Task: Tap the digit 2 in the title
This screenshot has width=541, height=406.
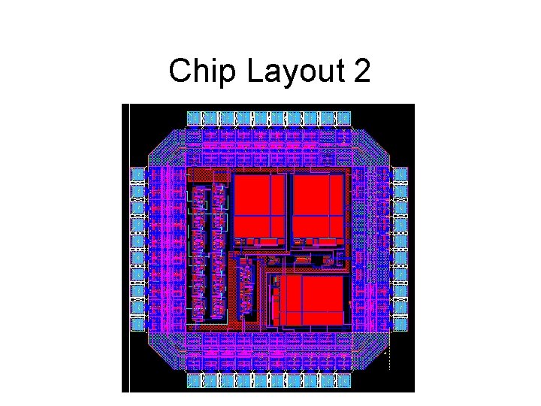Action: tap(360, 72)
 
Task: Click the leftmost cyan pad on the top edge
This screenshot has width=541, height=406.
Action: tap(195, 117)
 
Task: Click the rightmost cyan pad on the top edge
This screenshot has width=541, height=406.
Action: tap(344, 117)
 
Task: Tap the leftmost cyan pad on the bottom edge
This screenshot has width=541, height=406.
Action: tap(195, 381)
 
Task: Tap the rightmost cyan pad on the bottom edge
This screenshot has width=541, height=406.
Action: tap(344, 381)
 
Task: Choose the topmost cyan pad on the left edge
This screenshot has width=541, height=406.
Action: tap(138, 175)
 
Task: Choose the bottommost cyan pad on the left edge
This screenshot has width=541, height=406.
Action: tap(138, 324)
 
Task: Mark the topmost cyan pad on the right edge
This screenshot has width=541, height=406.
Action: tap(400, 175)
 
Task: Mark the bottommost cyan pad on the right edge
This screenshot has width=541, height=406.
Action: tap(400, 324)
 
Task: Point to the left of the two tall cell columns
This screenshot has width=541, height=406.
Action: tap(198, 252)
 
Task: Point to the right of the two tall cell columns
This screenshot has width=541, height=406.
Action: tap(219, 252)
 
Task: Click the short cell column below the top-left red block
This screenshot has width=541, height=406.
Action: tap(246, 289)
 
